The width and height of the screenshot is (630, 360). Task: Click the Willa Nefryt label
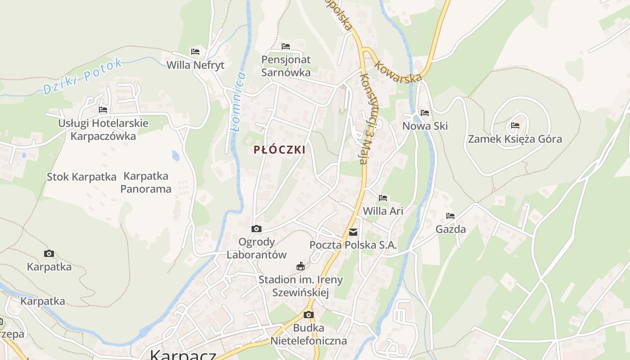pos(195,65)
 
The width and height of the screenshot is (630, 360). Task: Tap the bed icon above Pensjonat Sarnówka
pos(286,46)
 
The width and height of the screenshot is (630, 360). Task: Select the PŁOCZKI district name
pos(279,150)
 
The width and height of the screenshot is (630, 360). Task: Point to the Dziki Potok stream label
pos(83,76)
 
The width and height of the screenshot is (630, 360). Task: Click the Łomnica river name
pos(238,102)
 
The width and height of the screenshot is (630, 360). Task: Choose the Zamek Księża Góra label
pos(515,139)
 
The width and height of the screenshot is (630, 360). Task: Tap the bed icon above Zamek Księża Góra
pos(515,125)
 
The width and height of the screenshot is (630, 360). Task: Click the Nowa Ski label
pos(425,126)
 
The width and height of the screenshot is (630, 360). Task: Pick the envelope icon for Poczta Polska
pos(353,232)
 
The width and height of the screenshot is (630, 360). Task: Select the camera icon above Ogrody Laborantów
pos(256,229)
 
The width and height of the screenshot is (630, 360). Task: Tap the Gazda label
pos(450,229)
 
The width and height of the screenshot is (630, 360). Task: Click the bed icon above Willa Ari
pos(383,198)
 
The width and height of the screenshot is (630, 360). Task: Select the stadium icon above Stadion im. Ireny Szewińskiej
pos(301,266)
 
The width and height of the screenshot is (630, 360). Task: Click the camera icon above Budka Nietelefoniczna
pos(309,315)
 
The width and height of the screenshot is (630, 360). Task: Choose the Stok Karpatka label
pos(81,177)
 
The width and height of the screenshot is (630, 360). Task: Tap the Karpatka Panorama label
pos(146,182)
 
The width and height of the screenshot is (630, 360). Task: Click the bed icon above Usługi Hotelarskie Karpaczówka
pos(103,109)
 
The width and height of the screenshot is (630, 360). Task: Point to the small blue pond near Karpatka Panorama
pos(175,156)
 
